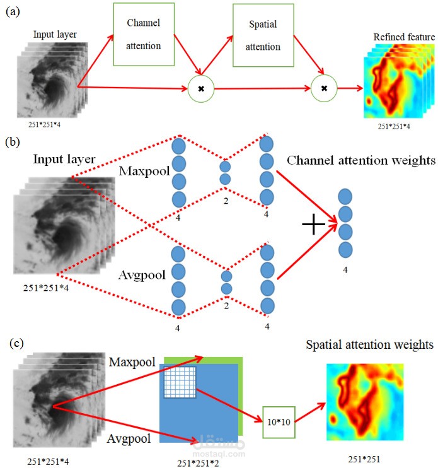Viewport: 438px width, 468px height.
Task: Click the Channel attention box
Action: [144, 34]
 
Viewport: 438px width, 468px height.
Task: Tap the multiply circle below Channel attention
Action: [201, 89]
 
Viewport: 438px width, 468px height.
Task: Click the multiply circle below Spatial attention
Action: [324, 89]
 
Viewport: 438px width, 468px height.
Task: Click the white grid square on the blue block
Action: [180, 382]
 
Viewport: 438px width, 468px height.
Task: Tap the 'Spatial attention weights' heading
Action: [370, 345]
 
